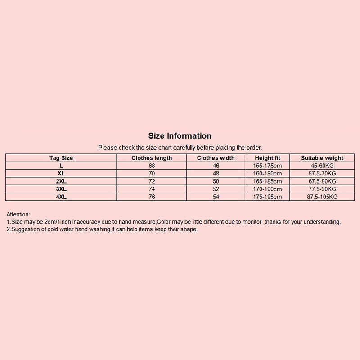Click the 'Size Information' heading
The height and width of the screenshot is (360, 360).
click(x=180, y=136)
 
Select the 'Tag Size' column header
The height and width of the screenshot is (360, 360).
click(x=61, y=158)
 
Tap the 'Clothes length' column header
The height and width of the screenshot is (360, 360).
click(x=152, y=158)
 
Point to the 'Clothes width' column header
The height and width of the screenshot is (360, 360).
click(x=216, y=158)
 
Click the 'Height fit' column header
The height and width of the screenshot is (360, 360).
click(x=267, y=158)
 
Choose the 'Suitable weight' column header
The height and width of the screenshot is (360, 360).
click(x=322, y=158)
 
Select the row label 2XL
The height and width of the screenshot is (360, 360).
click(x=61, y=181)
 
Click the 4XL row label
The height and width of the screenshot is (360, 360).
click(x=61, y=197)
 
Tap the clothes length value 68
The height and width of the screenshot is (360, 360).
click(x=152, y=166)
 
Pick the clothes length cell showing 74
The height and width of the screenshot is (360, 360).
click(x=152, y=189)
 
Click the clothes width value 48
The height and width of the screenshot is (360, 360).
click(x=216, y=174)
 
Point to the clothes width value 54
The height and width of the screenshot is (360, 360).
click(x=216, y=197)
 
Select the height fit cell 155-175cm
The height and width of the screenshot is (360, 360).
click(x=267, y=166)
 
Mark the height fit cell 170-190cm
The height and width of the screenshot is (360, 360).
click(x=267, y=189)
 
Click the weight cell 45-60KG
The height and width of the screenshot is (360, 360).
click(x=322, y=166)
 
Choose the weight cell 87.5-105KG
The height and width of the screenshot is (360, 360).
click(x=322, y=197)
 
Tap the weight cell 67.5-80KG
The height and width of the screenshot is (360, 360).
click(x=322, y=181)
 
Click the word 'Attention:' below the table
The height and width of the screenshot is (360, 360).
click(x=18, y=214)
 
